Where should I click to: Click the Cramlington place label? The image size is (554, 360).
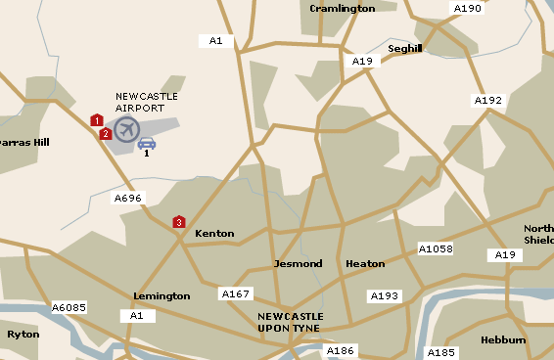(x=342, y=9)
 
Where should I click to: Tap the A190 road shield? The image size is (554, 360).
(x=467, y=9)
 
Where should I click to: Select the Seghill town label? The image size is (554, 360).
(x=404, y=48)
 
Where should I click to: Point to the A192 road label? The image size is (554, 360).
(x=487, y=100)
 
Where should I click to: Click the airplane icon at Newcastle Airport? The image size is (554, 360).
(x=126, y=128)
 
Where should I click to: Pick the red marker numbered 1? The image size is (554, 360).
(x=96, y=120)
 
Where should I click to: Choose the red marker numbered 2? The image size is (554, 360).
(x=105, y=133)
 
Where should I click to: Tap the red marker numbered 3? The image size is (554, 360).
(x=178, y=222)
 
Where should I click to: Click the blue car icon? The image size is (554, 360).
(x=146, y=143)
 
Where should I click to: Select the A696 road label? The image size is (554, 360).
(x=128, y=198)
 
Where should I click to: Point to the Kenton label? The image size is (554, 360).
(x=214, y=234)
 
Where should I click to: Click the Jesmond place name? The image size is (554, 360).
(x=298, y=264)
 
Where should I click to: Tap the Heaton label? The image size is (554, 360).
(x=365, y=264)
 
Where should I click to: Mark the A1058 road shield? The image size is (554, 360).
(x=436, y=248)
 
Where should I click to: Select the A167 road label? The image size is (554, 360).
(x=236, y=293)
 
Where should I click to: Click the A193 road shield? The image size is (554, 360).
(x=384, y=295)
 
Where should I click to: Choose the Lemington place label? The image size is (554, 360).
(x=162, y=295)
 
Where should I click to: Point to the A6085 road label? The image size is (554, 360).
(x=69, y=307)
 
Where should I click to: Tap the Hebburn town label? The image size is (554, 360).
(x=503, y=340)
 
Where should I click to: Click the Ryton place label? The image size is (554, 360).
(x=23, y=334)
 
